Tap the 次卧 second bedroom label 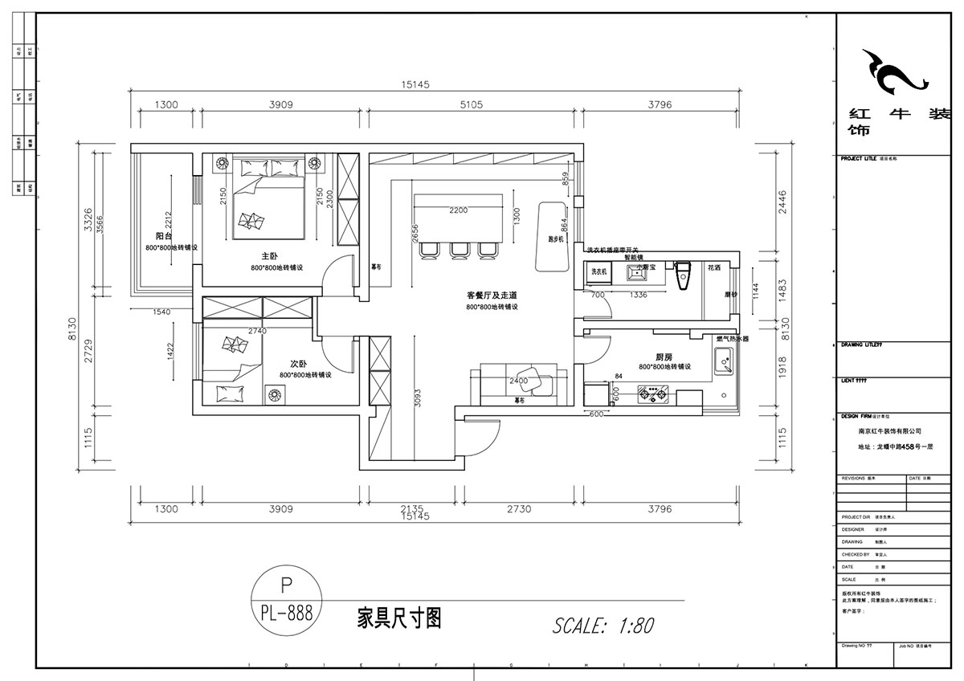(290, 362)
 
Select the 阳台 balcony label (164, 236)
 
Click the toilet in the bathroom (684, 275)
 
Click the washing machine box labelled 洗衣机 (598, 273)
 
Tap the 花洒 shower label (713, 267)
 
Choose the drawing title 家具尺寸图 (398, 617)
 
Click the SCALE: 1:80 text (603, 625)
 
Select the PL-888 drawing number (286, 614)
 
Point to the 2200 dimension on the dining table (459, 210)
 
